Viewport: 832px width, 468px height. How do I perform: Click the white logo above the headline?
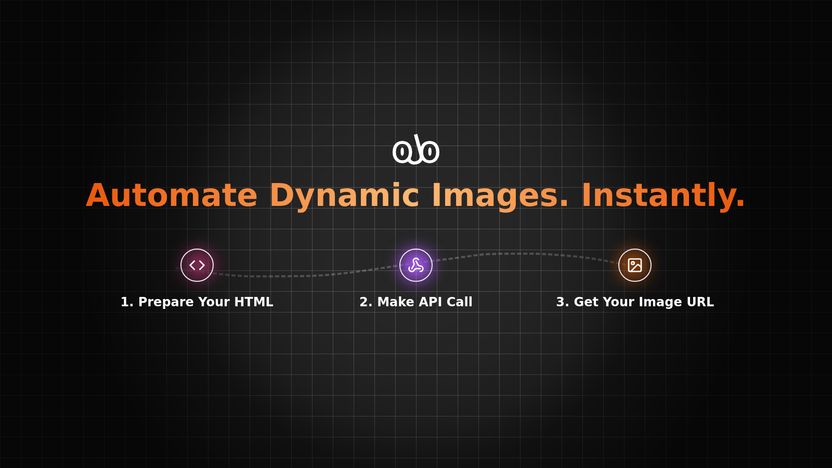pyautogui.click(x=416, y=149)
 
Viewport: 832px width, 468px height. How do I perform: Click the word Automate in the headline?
pyautogui.click(x=172, y=195)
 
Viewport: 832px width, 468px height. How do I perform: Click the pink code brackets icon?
pyautogui.click(x=197, y=265)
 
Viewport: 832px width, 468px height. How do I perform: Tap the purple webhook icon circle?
pyautogui.click(x=416, y=265)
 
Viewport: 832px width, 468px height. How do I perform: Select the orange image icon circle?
pyautogui.click(x=635, y=265)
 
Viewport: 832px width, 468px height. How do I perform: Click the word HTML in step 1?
pyautogui.click(x=254, y=302)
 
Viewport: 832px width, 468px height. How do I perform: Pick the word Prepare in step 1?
pyautogui.click(x=166, y=302)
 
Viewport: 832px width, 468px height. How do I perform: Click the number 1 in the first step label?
pyautogui.click(x=125, y=302)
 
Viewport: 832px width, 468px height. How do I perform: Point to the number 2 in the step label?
pyautogui.click(x=364, y=302)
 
